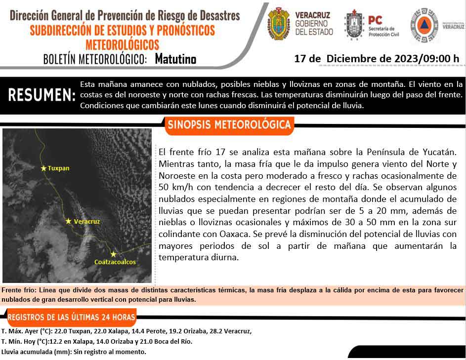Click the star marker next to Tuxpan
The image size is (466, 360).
pyautogui.click(x=43, y=168)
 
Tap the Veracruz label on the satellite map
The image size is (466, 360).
pyautogui.click(x=86, y=222)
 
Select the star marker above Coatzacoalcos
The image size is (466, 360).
pyautogui.click(x=114, y=254)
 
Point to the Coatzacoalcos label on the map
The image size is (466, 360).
pyautogui.click(x=115, y=262)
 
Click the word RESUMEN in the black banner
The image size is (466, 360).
pyautogui.click(x=42, y=95)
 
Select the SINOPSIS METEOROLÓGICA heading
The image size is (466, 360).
pyautogui.click(x=229, y=125)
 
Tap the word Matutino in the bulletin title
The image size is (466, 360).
pyautogui.click(x=175, y=59)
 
